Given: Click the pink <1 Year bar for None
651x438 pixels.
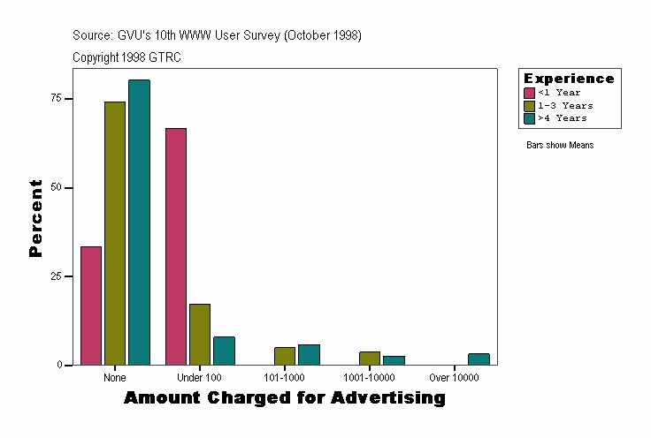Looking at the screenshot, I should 91,306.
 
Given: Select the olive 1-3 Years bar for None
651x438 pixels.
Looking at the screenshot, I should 115,233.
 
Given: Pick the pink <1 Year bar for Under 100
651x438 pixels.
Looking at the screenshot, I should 176,246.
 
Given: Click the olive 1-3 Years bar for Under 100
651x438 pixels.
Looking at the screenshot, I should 200,335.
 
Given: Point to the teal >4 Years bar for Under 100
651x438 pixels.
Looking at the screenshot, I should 224,351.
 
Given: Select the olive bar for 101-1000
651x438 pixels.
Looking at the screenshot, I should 285,356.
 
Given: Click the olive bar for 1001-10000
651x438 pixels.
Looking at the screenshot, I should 370,359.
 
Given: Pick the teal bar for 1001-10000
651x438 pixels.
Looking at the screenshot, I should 394,360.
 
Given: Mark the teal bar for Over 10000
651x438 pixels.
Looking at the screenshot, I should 479,359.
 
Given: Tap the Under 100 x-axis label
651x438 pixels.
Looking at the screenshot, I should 200,378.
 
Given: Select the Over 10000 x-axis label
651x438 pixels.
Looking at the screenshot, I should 454,378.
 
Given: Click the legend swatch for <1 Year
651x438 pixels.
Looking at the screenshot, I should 530,93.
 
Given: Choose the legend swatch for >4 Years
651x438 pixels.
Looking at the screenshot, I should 530,117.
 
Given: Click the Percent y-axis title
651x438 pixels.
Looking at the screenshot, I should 35,218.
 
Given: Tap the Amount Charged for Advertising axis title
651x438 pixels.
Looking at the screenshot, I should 284,398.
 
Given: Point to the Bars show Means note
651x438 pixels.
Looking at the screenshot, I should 560,145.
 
